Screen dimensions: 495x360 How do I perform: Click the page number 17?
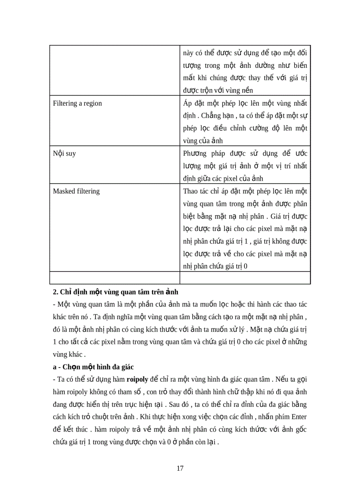tap(180, 468)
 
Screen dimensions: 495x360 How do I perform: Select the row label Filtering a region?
tap(77, 103)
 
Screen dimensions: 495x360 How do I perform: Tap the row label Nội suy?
tap(64, 154)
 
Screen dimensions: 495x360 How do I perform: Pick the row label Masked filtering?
tap(76, 191)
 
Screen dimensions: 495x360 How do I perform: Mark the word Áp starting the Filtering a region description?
tap(187, 103)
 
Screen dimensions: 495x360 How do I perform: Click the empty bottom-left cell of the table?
tap(114, 277)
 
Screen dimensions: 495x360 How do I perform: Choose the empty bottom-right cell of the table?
tap(245, 277)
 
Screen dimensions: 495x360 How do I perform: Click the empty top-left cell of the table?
tap(114, 71)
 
